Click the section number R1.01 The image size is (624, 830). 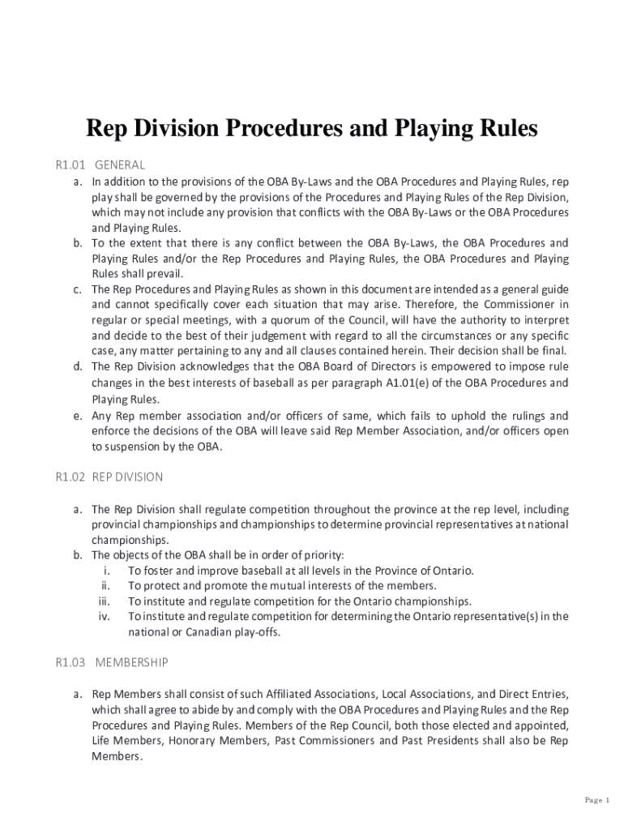tap(70, 165)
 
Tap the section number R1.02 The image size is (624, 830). tap(70, 477)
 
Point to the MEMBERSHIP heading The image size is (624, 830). tap(131, 662)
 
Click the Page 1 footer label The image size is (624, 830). tap(598, 801)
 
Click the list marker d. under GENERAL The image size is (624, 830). tap(78, 366)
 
